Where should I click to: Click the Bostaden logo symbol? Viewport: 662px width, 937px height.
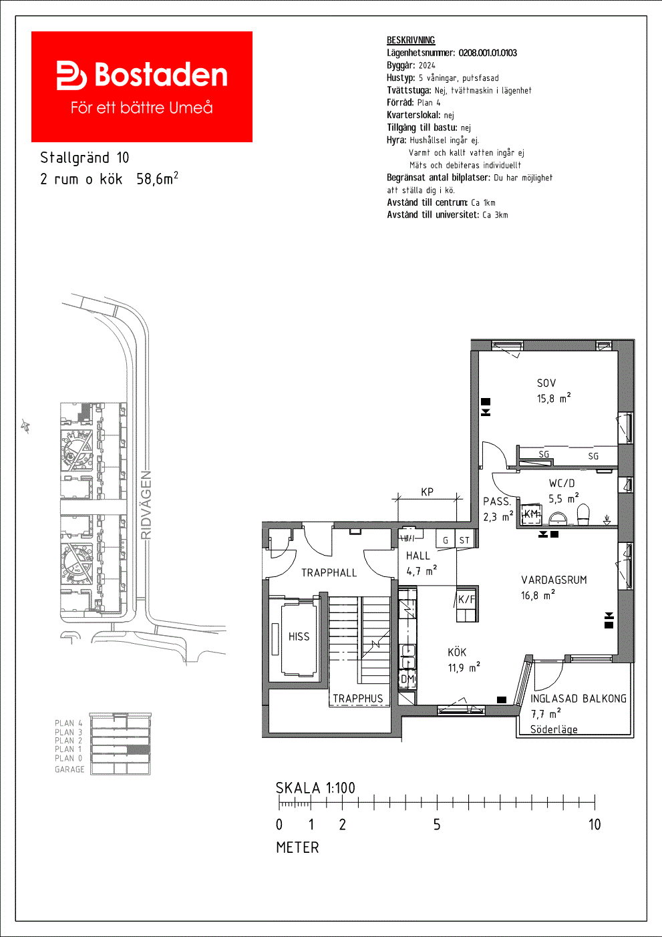71,75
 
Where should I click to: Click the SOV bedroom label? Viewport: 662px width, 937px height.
546,383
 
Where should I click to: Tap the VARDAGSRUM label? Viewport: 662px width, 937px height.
554,580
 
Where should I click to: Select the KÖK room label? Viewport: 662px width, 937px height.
456,652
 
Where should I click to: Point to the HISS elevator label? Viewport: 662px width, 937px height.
299,636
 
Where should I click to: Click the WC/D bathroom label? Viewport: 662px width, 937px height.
562,484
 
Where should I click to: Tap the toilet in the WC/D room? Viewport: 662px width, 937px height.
583,514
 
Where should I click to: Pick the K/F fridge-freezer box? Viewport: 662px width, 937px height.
466,603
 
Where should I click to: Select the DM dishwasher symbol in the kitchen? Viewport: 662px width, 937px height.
407,679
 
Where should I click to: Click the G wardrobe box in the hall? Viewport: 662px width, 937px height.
446,538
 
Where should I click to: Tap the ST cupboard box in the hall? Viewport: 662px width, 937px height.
464,538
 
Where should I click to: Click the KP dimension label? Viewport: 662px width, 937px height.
427,492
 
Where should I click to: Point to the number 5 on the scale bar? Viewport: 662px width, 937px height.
437,825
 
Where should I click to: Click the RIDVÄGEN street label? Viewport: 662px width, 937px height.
146,505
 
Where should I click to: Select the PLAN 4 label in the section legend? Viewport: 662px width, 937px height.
69,723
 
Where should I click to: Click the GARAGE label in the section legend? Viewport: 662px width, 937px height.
69,769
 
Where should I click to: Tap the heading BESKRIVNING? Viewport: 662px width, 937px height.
411,40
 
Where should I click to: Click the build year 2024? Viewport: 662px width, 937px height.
427,65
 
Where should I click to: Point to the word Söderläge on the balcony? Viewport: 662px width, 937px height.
554,729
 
